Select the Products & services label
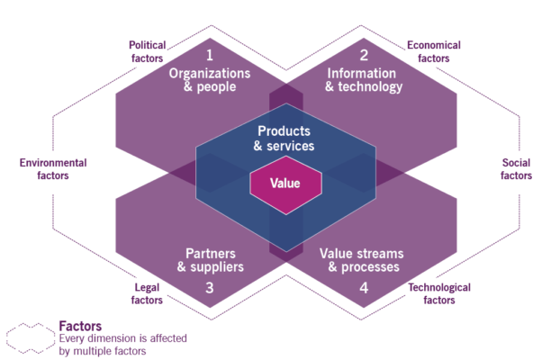pos(284,139)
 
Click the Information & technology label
pos(364,80)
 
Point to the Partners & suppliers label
pos(210,259)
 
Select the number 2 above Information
pos(364,55)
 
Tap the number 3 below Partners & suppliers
pos(209,288)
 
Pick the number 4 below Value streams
pos(365,288)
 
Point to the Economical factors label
pos(434,50)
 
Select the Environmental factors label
pos(53,168)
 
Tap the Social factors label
pos(516,168)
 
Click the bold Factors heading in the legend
pos(80,325)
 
